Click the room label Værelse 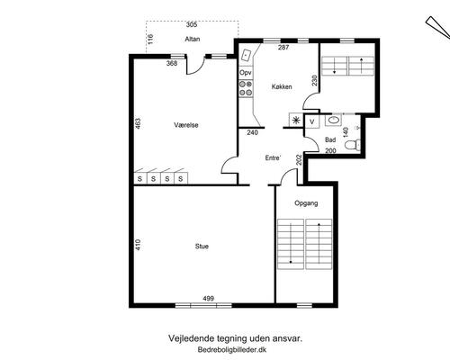pyautogui.click(x=186, y=125)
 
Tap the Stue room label pyautogui.click(x=202, y=247)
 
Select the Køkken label pyautogui.click(x=282, y=86)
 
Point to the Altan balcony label pyautogui.click(x=193, y=39)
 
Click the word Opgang pyautogui.click(x=306, y=203)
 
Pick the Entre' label pyautogui.click(x=273, y=157)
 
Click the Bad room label pyautogui.click(x=330, y=139)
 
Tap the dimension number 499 pyautogui.click(x=208, y=298)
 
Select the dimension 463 pyautogui.click(x=138, y=123)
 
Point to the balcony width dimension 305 pyautogui.click(x=192, y=24)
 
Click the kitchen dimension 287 pyautogui.click(x=283, y=47)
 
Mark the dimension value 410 pyautogui.click(x=138, y=245)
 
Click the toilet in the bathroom pyautogui.click(x=352, y=145)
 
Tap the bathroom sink pyautogui.click(x=333, y=121)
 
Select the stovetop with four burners pyautogui.click(x=246, y=88)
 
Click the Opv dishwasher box pyautogui.click(x=246, y=73)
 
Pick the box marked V pyautogui.click(x=312, y=121)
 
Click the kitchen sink pyautogui.click(x=247, y=56)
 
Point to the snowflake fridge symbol pyautogui.click(x=296, y=121)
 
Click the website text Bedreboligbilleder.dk pyautogui.click(x=232, y=350)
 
